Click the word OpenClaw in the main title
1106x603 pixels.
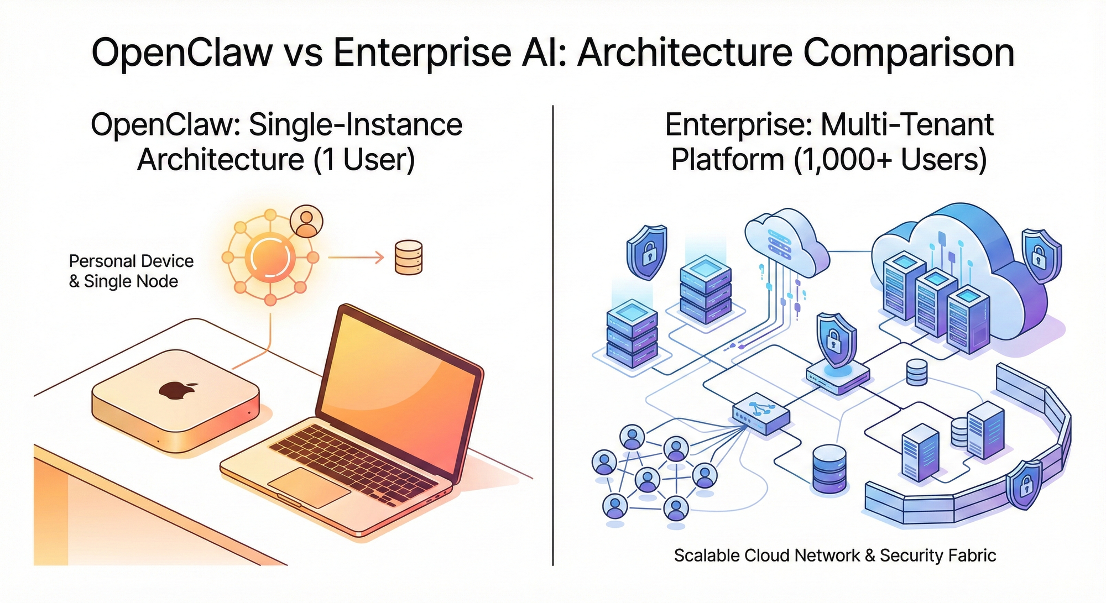point(182,53)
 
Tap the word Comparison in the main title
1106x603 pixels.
point(909,53)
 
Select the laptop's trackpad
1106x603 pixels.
point(309,486)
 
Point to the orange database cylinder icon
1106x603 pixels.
point(409,257)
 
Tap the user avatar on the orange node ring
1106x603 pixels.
point(306,221)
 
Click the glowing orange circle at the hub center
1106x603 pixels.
point(270,257)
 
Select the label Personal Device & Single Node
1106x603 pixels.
point(131,271)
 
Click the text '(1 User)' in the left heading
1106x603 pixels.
point(364,160)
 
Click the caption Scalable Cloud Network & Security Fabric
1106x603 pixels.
point(834,555)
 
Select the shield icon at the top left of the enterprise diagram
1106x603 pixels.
point(646,252)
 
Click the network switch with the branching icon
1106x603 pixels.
point(761,413)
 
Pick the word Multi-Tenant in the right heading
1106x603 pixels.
point(907,125)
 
